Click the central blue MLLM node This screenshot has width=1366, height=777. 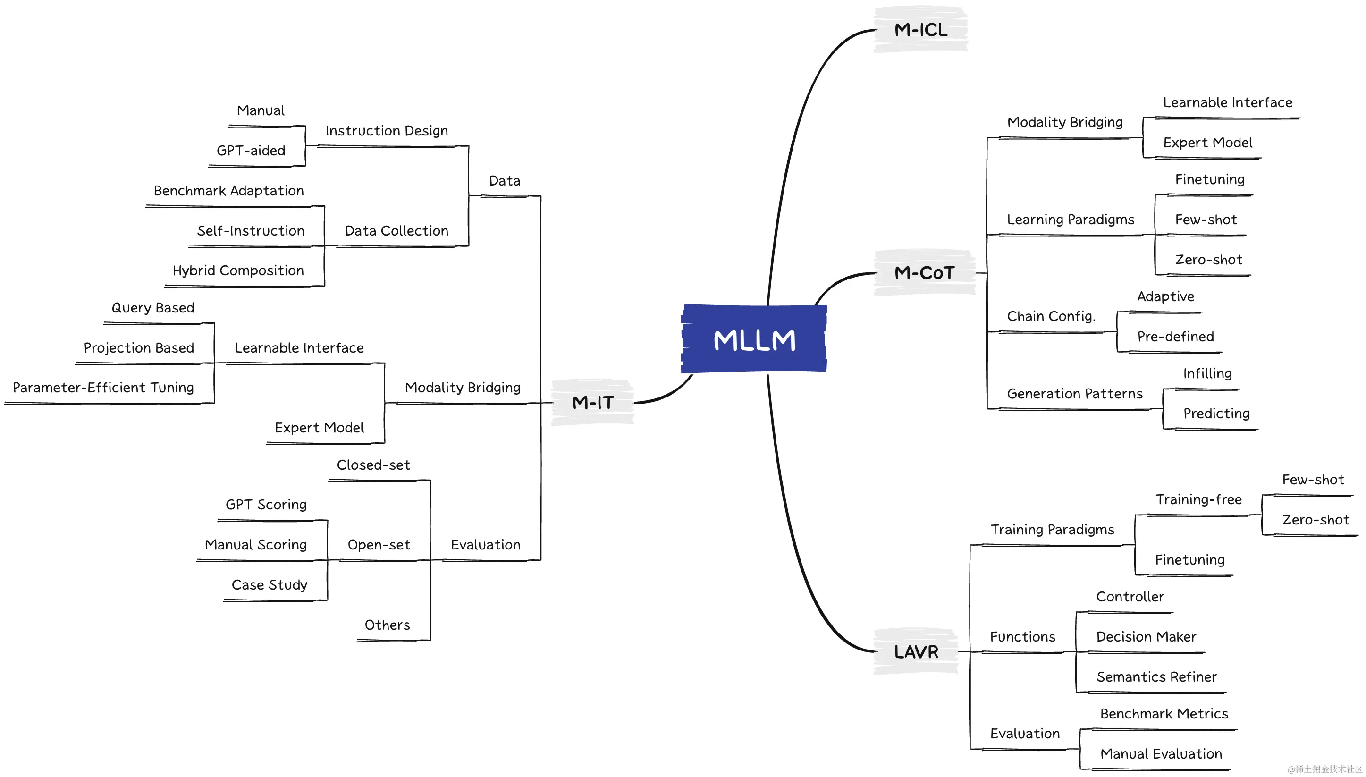pos(754,339)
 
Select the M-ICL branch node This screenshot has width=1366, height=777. pos(920,30)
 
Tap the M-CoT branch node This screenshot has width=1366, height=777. pos(924,273)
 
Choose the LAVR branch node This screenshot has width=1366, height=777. pos(916,651)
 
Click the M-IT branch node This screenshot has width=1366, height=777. pos(593,402)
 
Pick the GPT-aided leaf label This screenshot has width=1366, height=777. pos(251,151)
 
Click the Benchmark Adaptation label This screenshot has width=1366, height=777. pos(228,191)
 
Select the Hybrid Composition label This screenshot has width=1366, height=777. pos(238,270)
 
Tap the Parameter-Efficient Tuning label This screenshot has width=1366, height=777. pos(103,388)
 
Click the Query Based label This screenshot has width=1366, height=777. pos(152,308)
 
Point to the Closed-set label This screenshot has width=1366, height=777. pos(373,465)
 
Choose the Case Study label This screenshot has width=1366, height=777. pos(269,585)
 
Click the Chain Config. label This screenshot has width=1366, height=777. pos(1051,316)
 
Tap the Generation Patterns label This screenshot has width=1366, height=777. pos(1074,394)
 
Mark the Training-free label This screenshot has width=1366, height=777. pos(1198,499)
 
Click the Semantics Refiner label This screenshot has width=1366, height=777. pos(1156,676)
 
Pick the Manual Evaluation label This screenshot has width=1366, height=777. pos(1161,754)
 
